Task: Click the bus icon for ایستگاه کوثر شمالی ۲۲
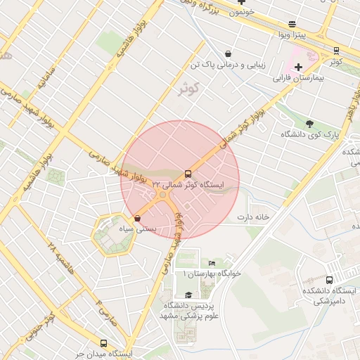click(188, 173)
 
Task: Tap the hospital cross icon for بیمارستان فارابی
click(298, 67)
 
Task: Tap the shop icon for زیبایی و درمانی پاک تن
click(228, 53)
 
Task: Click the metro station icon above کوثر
click(336, 51)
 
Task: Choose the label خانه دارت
click(253, 217)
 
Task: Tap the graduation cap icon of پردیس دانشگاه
click(188, 295)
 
